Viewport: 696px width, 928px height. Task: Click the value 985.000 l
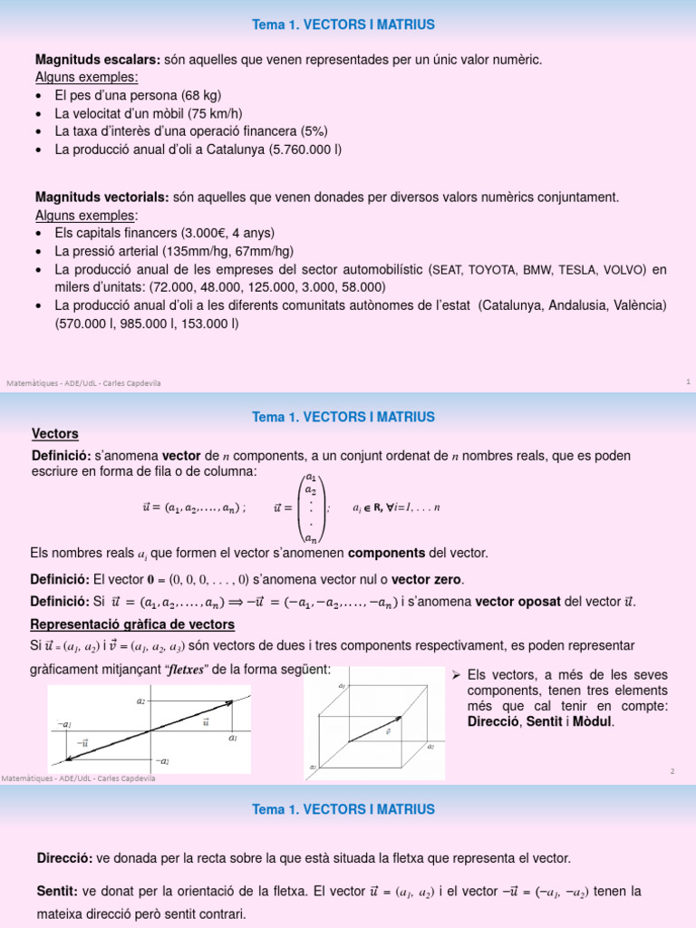[141, 323]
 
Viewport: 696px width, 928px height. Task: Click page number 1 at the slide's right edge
[688, 382]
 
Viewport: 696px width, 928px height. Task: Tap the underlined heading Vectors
[54, 434]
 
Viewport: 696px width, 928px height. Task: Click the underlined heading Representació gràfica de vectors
[132, 624]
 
